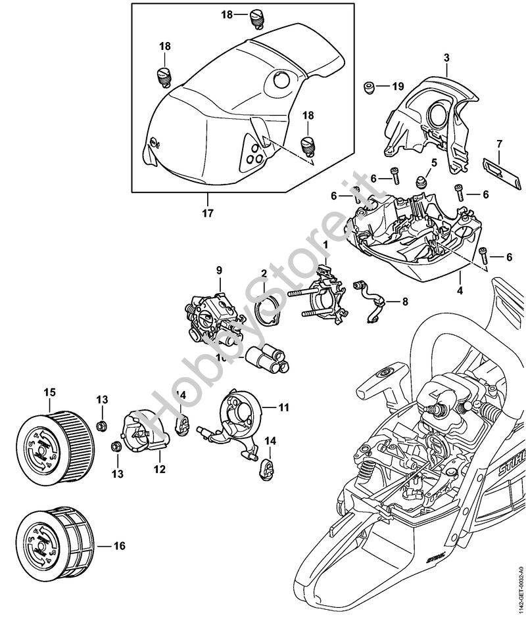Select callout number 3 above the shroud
pyautogui.click(x=446, y=58)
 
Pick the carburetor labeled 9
pyautogui.click(x=209, y=313)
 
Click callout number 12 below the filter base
pyautogui.click(x=159, y=470)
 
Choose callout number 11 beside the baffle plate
pyautogui.click(x=283, y=407)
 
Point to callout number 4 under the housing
pyautogui.click(x=460, y=290)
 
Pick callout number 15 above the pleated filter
pyautogui.click(x=49, y=392)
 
